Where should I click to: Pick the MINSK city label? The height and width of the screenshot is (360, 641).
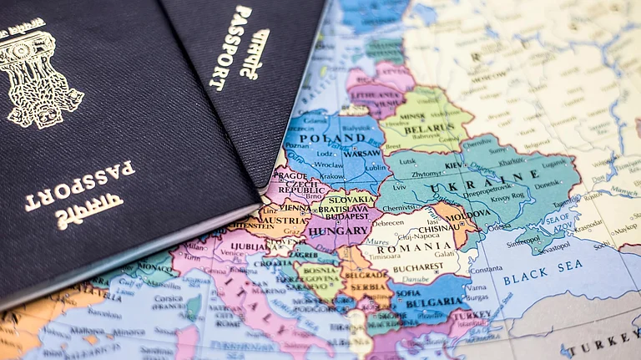418,119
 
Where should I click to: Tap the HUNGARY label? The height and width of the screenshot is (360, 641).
337,231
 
